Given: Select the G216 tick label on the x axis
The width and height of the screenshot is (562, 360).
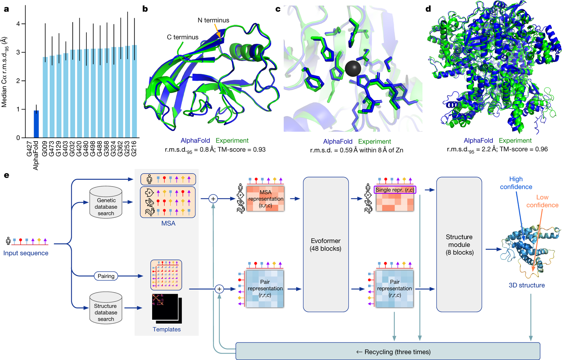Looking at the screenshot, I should pos(134,149).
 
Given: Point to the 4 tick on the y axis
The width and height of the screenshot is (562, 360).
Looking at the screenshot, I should pos(18,24).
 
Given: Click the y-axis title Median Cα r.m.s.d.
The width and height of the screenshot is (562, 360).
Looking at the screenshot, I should pos(5,72).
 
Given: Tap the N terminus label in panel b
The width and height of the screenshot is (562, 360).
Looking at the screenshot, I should pos(213,20).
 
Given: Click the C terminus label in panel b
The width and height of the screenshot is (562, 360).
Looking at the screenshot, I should pos(182,37).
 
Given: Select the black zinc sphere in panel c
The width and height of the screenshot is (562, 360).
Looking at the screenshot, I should pos(353,68).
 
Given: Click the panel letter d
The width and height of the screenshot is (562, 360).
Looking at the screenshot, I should pos(428,9).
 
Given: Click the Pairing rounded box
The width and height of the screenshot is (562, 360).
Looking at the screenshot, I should pos(106,276).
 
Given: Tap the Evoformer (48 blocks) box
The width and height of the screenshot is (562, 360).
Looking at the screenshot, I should pos(326,244).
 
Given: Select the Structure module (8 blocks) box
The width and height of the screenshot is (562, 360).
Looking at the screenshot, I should pos(459,244).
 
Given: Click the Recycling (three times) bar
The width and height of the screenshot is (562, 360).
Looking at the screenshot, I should pos(387,352).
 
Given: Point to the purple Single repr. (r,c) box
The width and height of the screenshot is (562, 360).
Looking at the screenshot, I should pos(395,190).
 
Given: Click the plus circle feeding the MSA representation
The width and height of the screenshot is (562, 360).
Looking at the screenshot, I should pos(213,199).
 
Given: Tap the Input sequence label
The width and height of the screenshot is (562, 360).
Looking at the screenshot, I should pos(26,253).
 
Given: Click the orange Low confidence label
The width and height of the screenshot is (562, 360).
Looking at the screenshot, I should pos(542,201).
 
